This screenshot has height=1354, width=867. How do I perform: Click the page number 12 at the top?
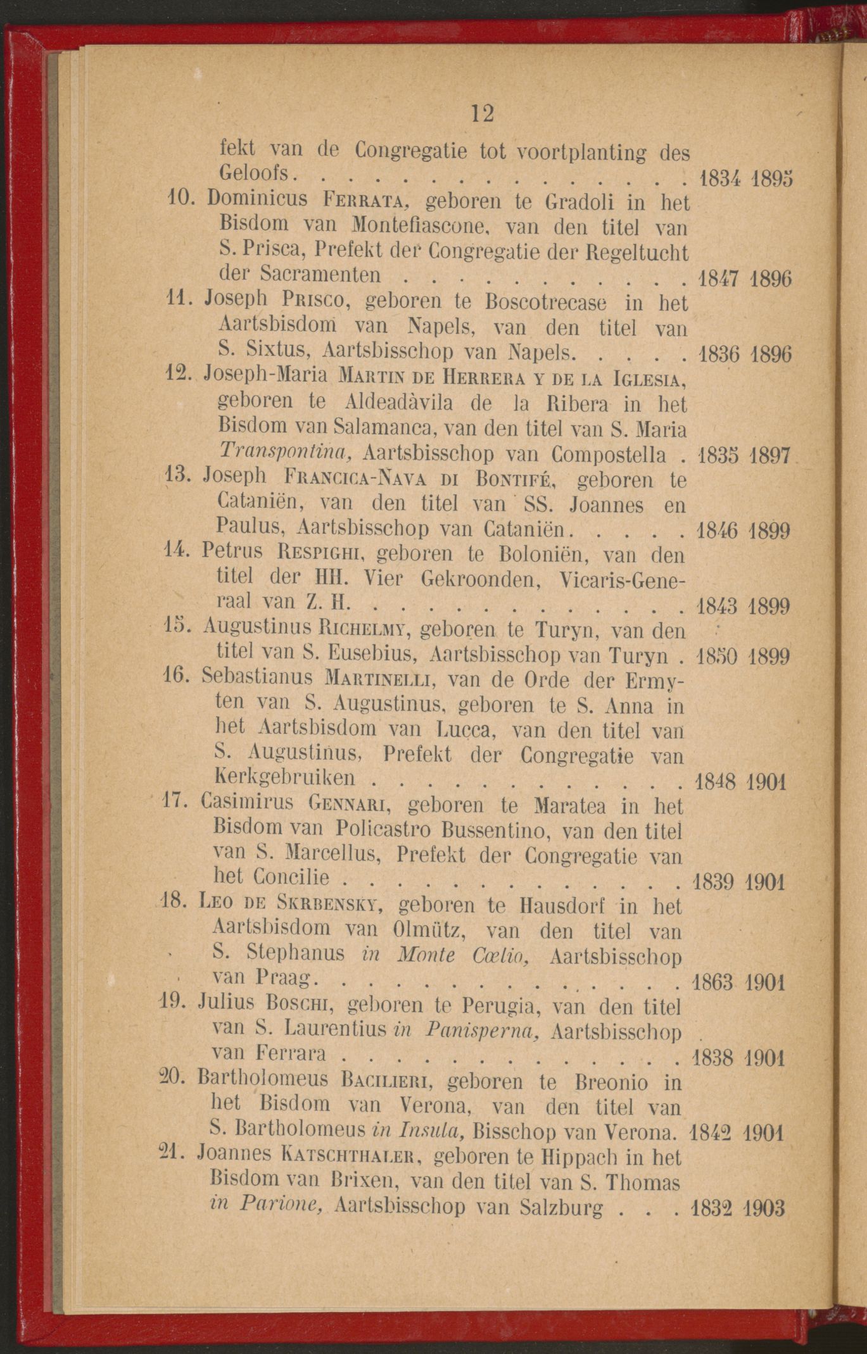pyautogui.click(x=481, y=113)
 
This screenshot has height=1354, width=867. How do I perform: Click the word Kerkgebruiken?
pyautogui.click(x=285, y=778)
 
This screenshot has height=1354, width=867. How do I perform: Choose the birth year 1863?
pyautogui.click(x=712, y=983)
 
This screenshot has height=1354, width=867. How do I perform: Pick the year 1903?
pyautogui.click(x=764, y=1208)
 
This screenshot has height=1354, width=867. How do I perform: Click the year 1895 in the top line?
pyautogui.click(x=771, y=179)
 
